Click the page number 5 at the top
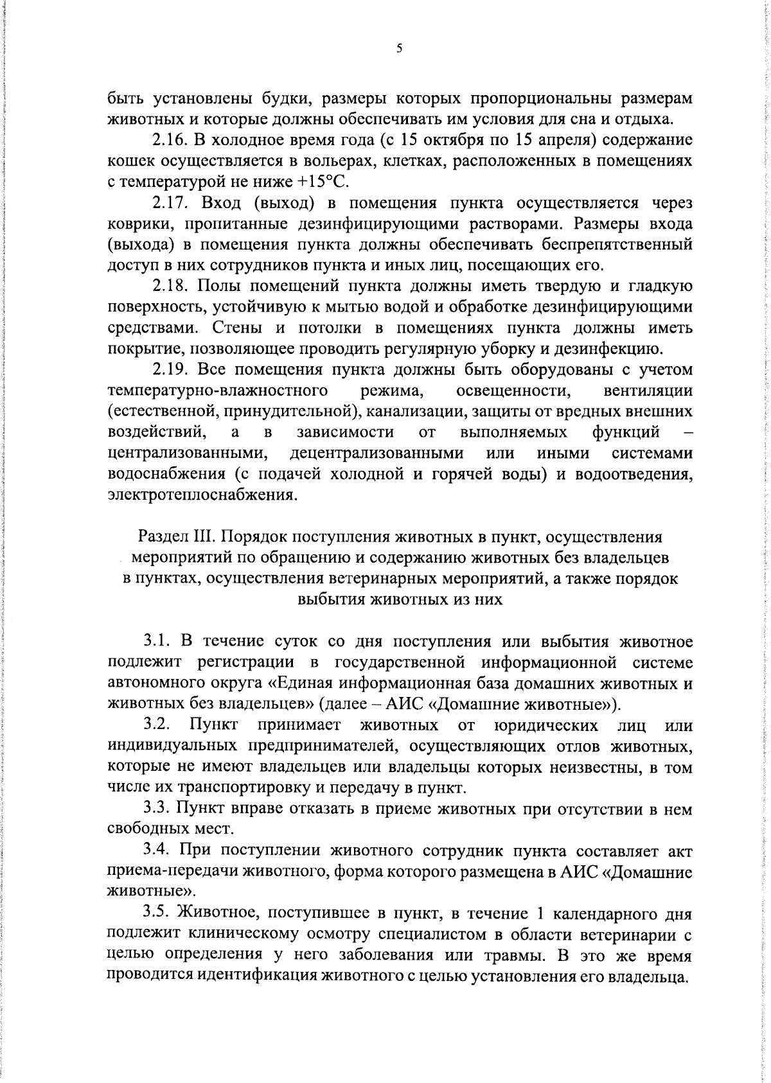tap(398, 48)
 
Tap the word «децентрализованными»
tap(377, 453)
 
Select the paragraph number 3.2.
tap(157, 725)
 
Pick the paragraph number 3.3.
tap(157, 809)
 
